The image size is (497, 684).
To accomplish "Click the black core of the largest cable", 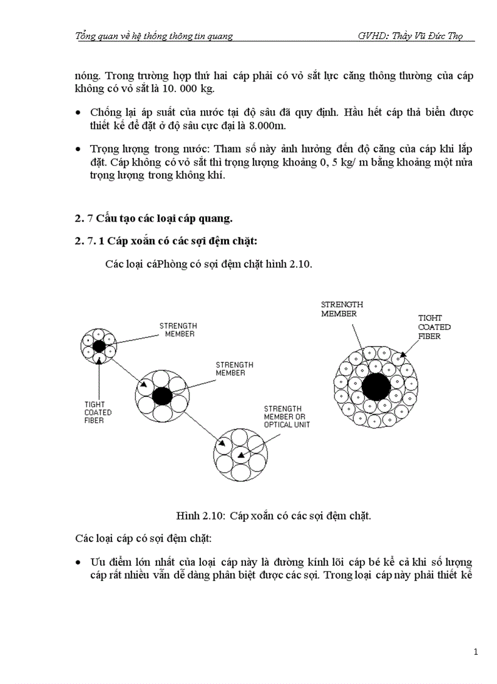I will [376, 386].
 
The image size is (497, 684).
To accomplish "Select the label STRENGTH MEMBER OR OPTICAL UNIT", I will [286, 416].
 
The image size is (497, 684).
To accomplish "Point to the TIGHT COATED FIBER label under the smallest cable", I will [98, 412].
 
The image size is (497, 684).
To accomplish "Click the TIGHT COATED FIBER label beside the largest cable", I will [434, 326].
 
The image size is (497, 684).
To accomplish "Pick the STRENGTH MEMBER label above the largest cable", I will [342, 309].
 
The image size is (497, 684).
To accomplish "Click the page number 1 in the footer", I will [475, 652].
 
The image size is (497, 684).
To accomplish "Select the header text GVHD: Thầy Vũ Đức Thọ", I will [411, 36].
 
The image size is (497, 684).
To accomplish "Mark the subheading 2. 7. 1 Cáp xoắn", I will [166, 241].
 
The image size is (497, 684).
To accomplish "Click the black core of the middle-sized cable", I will [162, 396].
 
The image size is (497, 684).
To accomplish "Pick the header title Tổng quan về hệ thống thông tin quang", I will [153, 36].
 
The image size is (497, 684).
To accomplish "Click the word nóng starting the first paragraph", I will [88, 76].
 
